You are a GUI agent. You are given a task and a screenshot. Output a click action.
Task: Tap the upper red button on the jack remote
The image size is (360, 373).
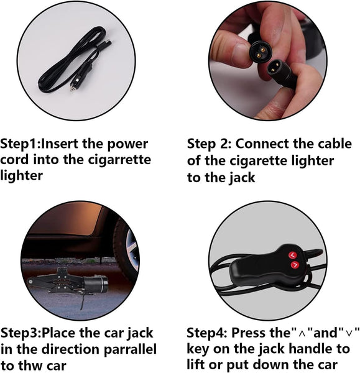coord(292,256)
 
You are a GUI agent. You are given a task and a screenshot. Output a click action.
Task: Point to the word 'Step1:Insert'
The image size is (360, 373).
coord(39,144)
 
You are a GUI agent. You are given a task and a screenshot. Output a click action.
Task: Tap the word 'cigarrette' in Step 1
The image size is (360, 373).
coord(119,160)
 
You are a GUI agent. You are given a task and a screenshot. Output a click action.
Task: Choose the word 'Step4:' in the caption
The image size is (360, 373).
coord(207,333)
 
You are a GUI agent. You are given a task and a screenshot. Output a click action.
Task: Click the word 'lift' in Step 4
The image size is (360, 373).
coord(196,365)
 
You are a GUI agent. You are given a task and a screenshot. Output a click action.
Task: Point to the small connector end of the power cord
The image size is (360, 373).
coord(108,42)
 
